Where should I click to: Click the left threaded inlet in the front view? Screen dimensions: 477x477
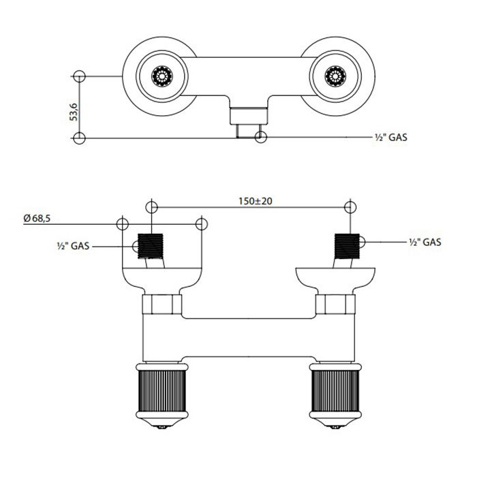click(152, 247)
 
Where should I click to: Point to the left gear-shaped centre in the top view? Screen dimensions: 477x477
click(161, 76)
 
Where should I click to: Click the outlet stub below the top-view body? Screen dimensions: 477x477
click(248, 121)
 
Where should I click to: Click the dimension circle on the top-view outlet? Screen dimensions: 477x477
click(260, 137)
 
